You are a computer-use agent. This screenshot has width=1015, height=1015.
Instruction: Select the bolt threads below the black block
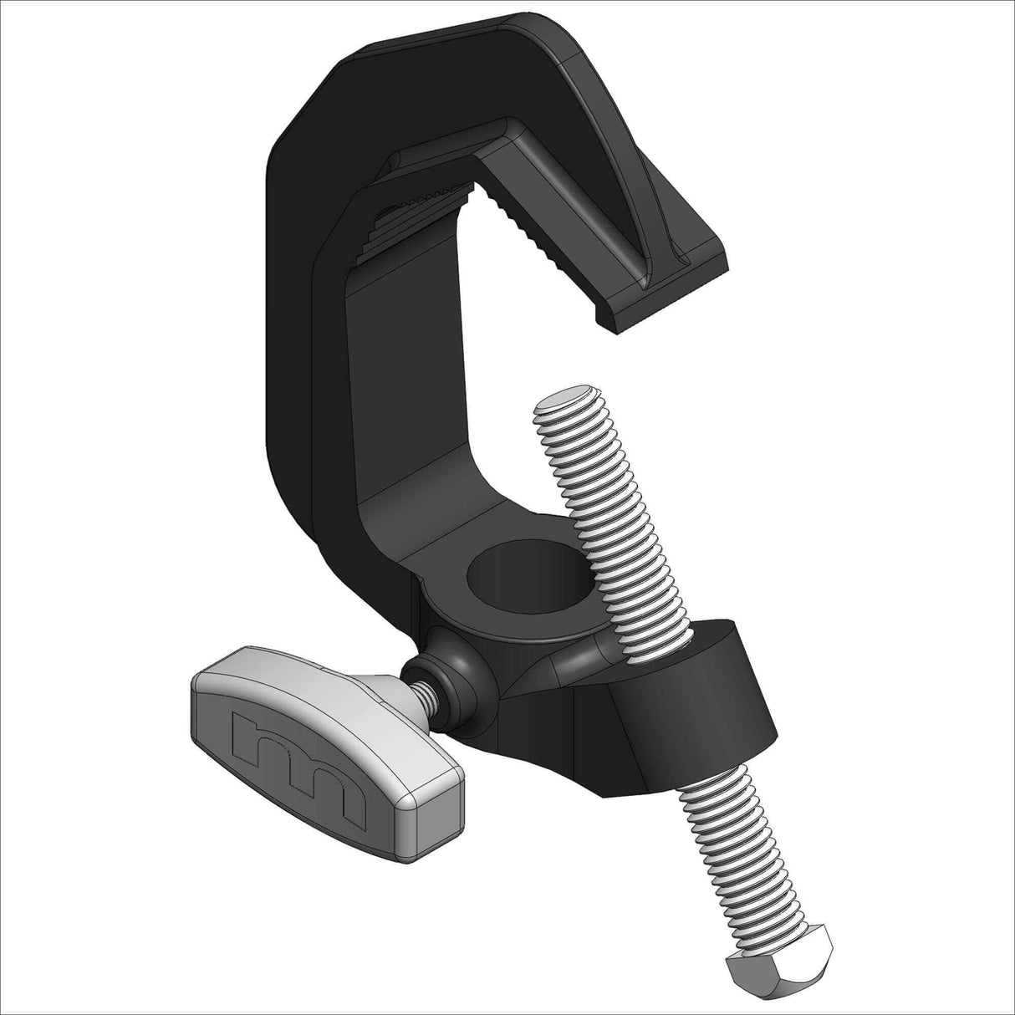(727, 836)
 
